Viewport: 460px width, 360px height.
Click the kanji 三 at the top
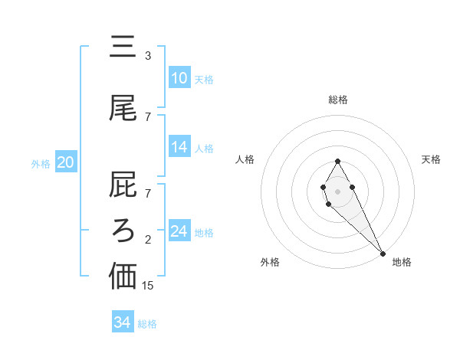(x=123, y=47)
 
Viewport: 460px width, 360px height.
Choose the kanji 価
(x=123, y=276)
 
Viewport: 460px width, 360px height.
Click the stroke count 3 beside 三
(x=148, y=56)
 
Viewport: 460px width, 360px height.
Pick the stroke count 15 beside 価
(x=148, y=286)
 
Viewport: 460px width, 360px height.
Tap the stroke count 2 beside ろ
(x=148, y=240)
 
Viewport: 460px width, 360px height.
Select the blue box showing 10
(x=179, y=78)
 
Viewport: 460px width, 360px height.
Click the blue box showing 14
(x=179, y=148)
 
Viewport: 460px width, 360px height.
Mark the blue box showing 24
(x=179, y=231)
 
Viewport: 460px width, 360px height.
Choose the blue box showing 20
(x=66, y=162)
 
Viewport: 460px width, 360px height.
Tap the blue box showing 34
(x=123, y=323)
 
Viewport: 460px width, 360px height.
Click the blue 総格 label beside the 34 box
(x=147, y=324)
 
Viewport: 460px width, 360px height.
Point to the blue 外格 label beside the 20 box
(x=41, y=163)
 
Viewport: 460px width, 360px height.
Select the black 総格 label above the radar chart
(x=337, y=100)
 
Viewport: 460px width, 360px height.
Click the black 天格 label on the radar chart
(x=431, y=159)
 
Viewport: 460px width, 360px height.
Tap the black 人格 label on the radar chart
(x=245, y=159)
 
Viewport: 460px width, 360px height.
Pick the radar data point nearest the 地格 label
(x=383, y=253)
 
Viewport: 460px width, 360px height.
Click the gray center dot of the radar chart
(x=337, y=190)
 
